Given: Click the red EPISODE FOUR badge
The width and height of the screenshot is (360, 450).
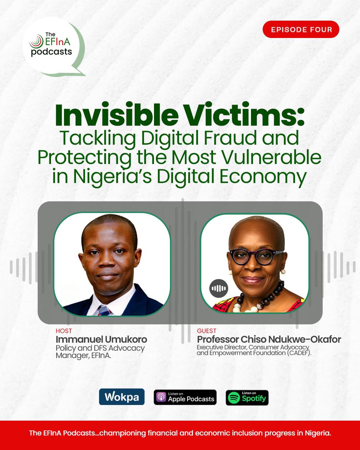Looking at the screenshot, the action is (x=301, y=30).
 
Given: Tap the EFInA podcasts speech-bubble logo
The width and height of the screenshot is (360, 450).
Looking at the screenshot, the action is (x=54, y=47).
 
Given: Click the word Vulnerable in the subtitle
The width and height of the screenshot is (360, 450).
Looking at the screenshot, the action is (x=270, y=157).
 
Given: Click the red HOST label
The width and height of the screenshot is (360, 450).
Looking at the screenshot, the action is (x=64, y=331).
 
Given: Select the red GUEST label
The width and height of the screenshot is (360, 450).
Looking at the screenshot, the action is (x=206, y=331).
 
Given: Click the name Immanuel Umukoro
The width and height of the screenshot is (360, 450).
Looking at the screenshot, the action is (x=101, y=340).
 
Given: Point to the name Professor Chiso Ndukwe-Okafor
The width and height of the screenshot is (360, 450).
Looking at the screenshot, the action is (x=269, y=340).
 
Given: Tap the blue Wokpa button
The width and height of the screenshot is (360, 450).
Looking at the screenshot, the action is (x=122, y=397).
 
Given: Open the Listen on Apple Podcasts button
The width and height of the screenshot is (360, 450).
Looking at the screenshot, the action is (x=185, y=397).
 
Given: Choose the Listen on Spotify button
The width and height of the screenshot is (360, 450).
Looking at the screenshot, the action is (x=247, y=398).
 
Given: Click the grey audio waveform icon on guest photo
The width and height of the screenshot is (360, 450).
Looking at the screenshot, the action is (x=219, y=288).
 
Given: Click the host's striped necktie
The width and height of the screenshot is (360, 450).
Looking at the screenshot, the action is (x=105, y=311).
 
